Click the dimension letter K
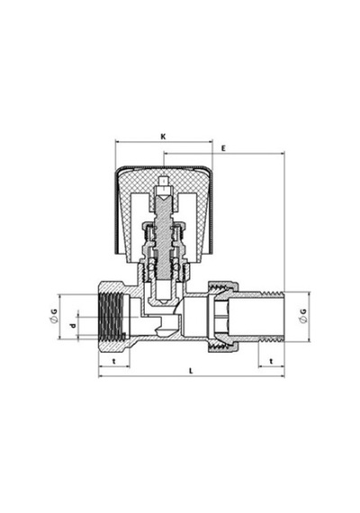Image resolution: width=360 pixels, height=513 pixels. pyautogui.click(x=163, y=137)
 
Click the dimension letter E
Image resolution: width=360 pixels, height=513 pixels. pyautogui.click(x=223, y=148)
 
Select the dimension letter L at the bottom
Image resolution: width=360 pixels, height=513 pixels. pyautogui.click(x=192, y=371)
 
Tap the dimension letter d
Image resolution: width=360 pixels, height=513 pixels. pyautogui.click(x=73, y=325)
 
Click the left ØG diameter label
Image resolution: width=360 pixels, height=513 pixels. pyautogui.click(x=54, y=316)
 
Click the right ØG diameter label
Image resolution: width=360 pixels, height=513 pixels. pyautogui.click(x=303, y=316)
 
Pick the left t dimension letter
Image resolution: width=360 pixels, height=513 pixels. pyautogui.click(x=114, y=361)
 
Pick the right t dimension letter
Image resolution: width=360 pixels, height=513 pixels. pyautogui.click(x=271, y=361)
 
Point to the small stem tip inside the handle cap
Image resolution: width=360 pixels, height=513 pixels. pyautogui.click(x=163, y=181)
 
